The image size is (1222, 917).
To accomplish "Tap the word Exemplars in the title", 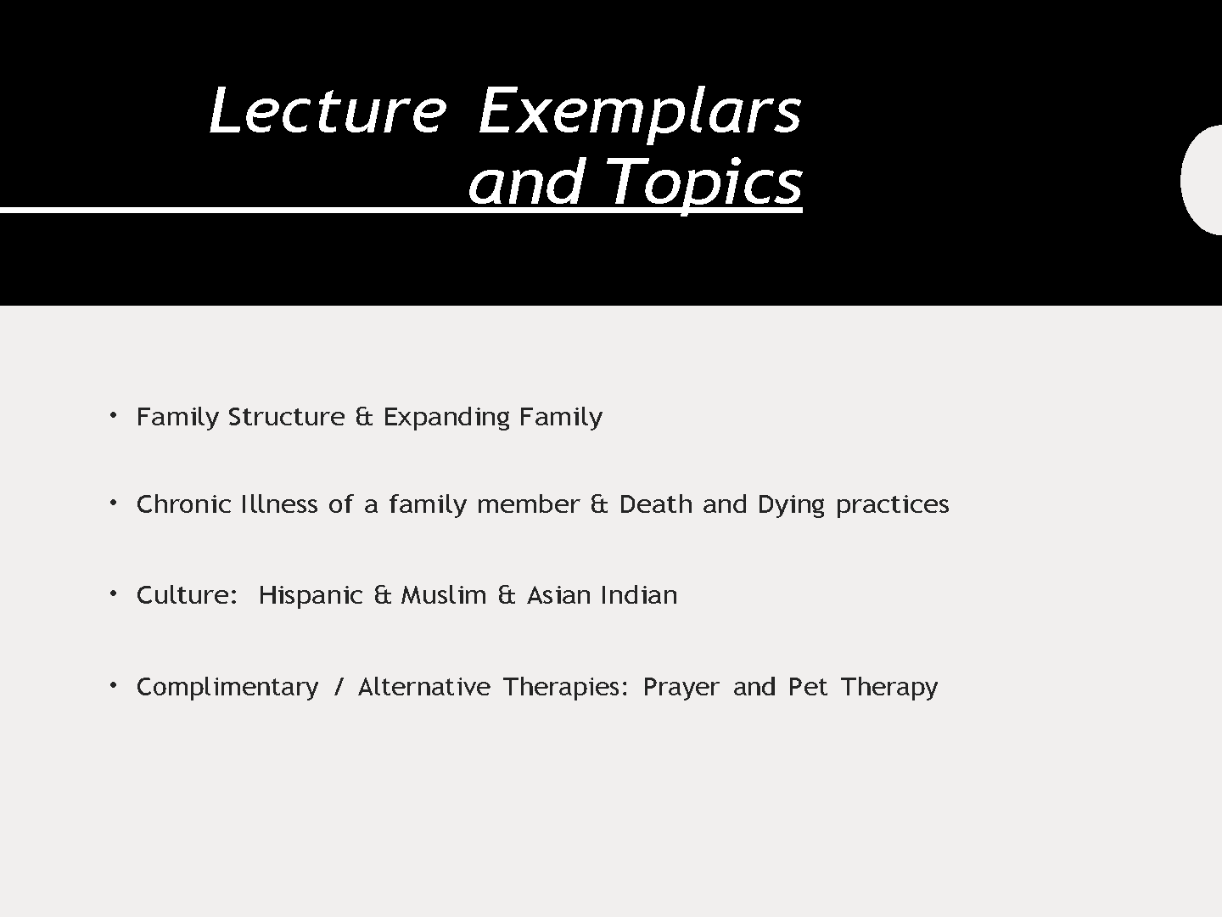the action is pos(640,114).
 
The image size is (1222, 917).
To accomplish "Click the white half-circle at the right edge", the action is pos(1202,180).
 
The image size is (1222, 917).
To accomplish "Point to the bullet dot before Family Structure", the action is pos(113,415).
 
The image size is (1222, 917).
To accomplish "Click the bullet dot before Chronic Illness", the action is pos(113,504).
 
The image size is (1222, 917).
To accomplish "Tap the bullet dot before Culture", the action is pos(113,594).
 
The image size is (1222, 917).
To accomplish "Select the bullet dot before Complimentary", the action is pos(113,685).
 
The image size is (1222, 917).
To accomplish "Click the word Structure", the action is pos(287,416).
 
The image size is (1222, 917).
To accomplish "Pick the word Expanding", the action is pos(446,418).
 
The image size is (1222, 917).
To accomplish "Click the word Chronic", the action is pos(183,504).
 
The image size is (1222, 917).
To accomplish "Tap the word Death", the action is pos(655,504).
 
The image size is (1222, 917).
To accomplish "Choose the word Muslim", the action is pos(444,595).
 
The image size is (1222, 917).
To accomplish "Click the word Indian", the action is pos(639,595).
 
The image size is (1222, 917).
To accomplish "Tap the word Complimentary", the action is pos(227,688).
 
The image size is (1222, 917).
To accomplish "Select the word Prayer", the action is pos(681,688).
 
